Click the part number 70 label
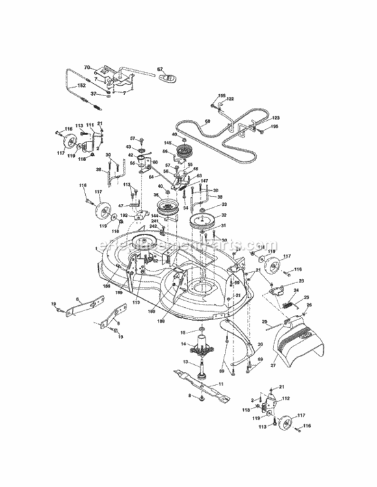coord(87,67)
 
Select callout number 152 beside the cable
coord(81,85)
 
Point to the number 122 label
coord(230,99)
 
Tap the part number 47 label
coord(120,205)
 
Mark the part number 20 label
coord(260,345)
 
